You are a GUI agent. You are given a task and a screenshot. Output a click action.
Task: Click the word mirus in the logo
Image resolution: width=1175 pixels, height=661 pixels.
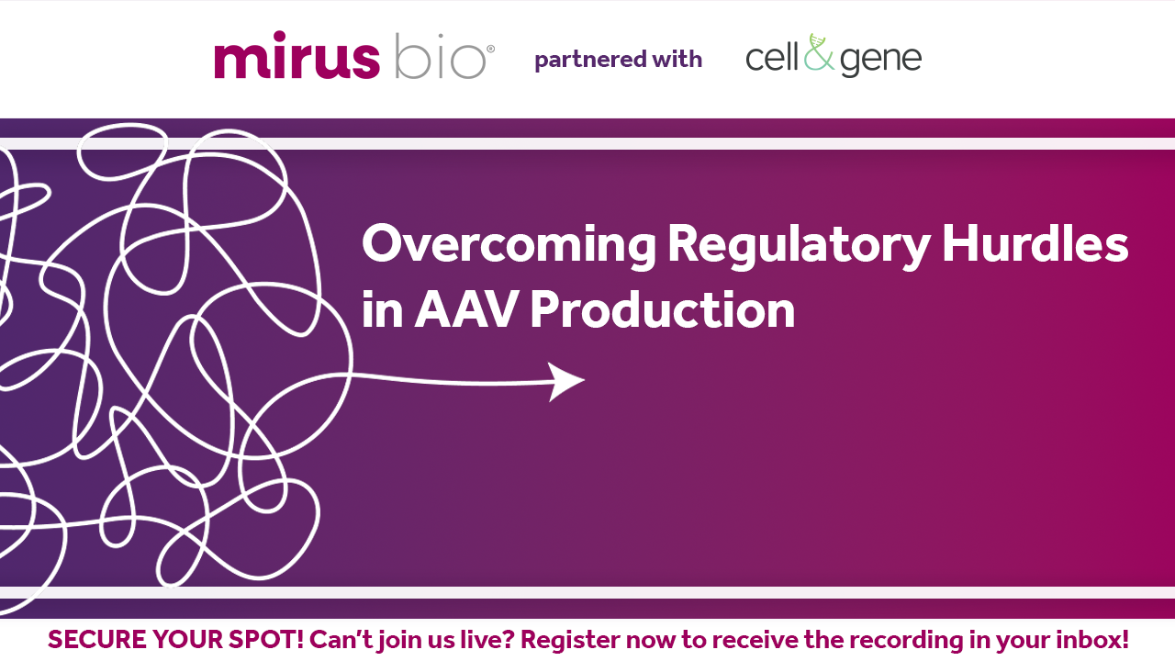pyautogui.click(x=297, y=54)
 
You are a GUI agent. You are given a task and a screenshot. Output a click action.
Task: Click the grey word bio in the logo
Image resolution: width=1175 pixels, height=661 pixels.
pyautogui.click(x=440, y=56)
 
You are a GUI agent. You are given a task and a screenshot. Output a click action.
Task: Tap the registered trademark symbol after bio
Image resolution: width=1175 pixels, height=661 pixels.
pyautogui.click(x=491, y=49)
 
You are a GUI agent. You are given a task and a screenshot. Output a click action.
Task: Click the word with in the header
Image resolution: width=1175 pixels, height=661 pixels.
pyautogui.click(x=677, y=58)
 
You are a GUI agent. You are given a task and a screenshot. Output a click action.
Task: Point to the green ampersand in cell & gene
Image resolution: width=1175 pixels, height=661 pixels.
pyautogui.click(x=819, y=52)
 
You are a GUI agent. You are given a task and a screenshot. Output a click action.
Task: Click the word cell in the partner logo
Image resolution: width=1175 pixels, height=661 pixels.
pyautogui.click(x=772, y=56)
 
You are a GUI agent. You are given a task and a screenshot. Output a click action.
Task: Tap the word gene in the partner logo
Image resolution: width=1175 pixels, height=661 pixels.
pyautogui.click(x=880, y=61)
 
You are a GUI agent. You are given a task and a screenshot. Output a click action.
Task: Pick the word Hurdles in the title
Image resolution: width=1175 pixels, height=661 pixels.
pyautogui.click(x=1035, y=242)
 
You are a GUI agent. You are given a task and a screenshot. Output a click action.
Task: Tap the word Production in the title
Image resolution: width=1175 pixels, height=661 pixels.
pyautogui.click(x=663, y=309)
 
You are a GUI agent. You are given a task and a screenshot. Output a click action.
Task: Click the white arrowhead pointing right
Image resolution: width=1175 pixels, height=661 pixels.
pyautogui.click(x=566, y=381)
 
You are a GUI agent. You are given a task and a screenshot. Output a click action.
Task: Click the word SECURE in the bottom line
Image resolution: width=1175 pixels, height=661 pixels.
pyautogui.click(x=97, y=640)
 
